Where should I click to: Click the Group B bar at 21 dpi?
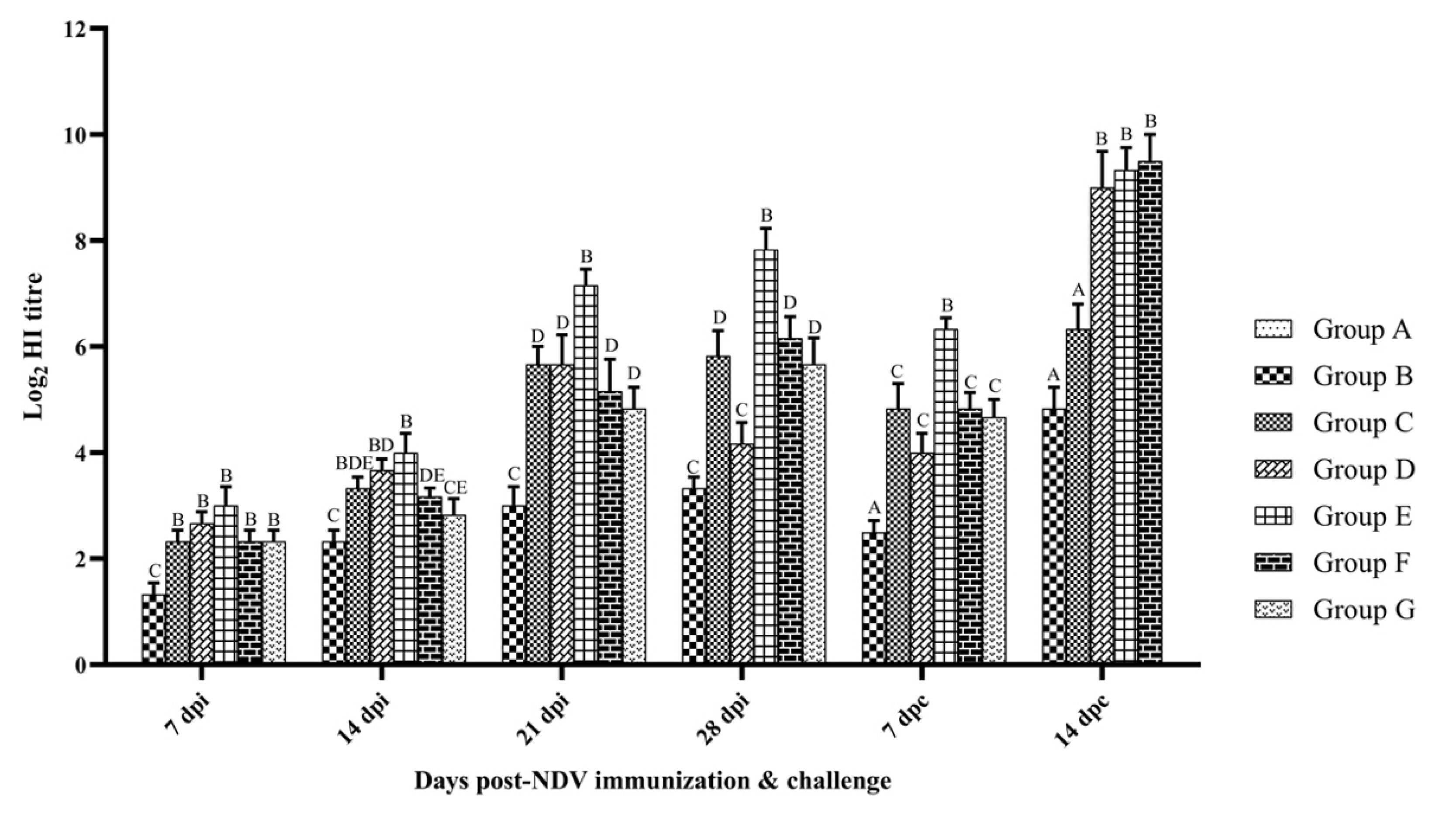[514, 585]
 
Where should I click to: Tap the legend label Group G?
[1363, 610]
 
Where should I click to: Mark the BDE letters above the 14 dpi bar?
[354, 463]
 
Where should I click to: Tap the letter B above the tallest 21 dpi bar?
[586, 257]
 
